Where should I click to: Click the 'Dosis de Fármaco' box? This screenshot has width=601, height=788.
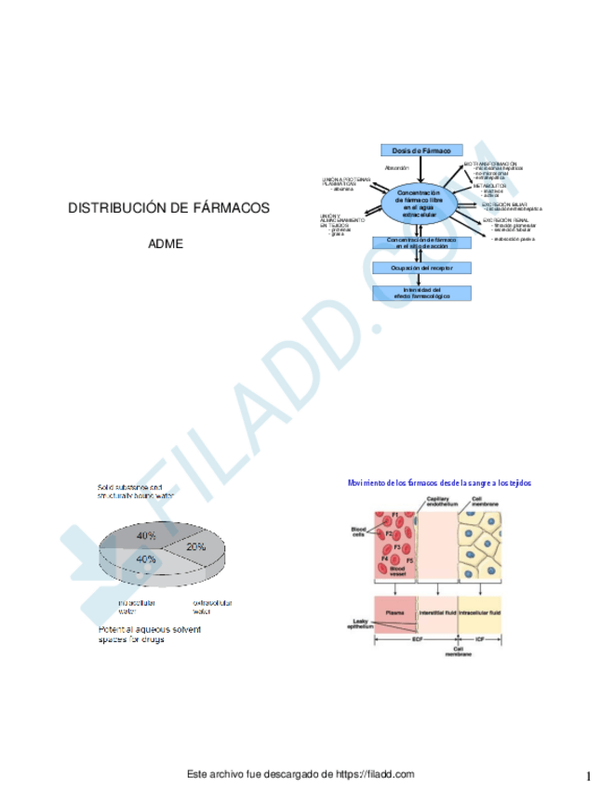421,150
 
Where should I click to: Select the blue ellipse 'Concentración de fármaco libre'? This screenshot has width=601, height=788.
418,203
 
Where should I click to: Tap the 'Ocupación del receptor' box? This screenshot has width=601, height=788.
421,268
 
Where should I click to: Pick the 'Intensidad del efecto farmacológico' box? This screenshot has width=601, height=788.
421,293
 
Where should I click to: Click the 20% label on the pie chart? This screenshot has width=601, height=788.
195,547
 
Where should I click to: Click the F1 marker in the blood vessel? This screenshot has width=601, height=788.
394,514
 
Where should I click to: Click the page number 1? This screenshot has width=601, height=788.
589,775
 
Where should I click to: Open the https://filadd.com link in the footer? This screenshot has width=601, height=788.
372,773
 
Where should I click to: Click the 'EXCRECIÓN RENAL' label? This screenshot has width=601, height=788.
505,218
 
